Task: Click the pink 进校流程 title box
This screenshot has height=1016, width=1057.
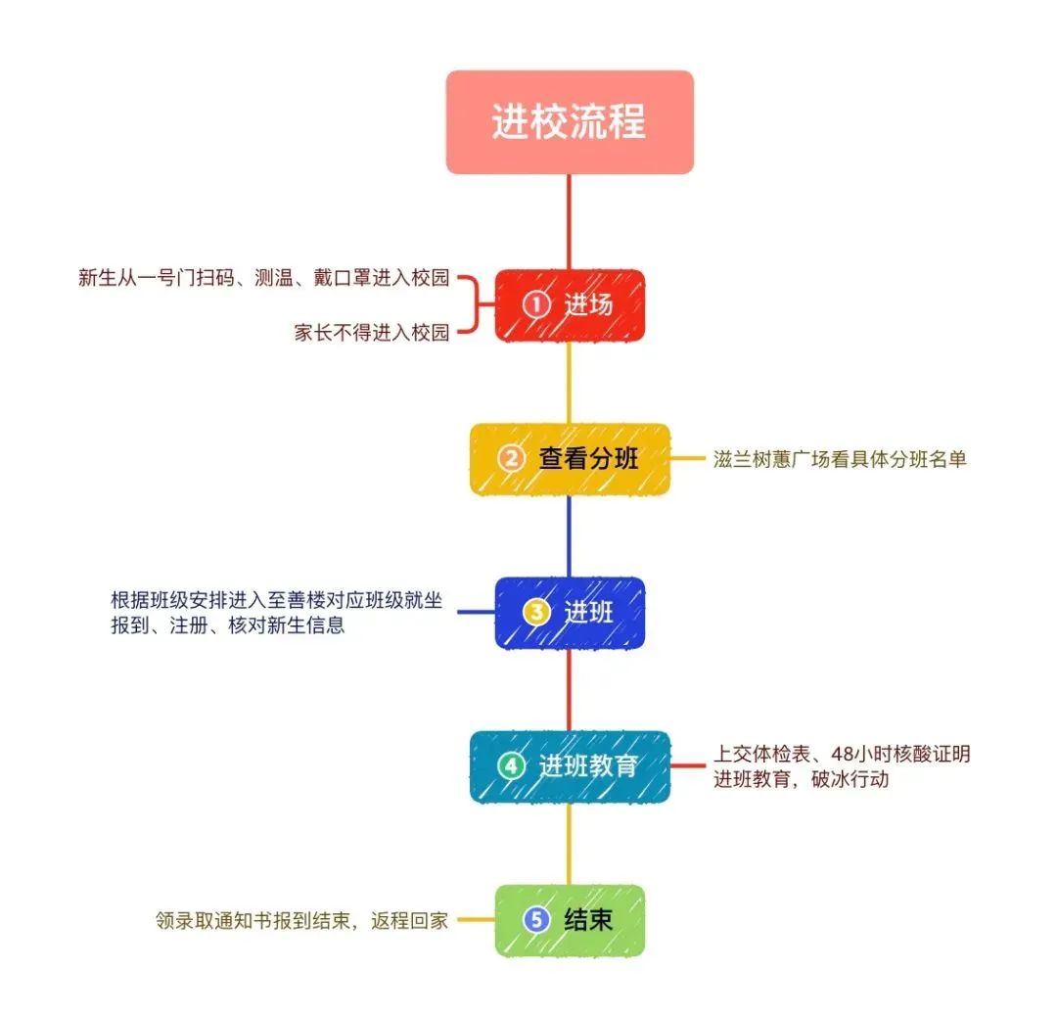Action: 570,122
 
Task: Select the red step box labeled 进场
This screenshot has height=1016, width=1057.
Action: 570,305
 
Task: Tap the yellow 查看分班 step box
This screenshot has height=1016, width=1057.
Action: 570,459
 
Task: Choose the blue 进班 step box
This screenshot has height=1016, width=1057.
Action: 570,613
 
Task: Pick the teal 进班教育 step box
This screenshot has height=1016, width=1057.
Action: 570,766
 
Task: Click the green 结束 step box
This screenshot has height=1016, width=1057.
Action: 570,920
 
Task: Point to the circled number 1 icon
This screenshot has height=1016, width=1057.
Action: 536,305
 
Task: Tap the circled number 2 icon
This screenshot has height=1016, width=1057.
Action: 511,459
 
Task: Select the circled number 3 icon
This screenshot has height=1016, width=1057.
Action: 536,613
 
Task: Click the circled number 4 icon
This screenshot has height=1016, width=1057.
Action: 511,766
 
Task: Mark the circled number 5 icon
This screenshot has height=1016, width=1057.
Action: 536,920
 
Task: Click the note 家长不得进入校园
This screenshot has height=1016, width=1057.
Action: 372,333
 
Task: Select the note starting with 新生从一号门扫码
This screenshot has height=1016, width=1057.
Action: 263,278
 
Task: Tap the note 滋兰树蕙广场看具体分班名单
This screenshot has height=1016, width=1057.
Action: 840,459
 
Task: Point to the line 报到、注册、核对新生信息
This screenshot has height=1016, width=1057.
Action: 228,625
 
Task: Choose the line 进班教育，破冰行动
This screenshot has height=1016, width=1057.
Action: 801,780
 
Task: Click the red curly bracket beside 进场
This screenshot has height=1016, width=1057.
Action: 474,305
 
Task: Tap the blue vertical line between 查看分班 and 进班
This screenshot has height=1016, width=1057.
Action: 570,535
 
